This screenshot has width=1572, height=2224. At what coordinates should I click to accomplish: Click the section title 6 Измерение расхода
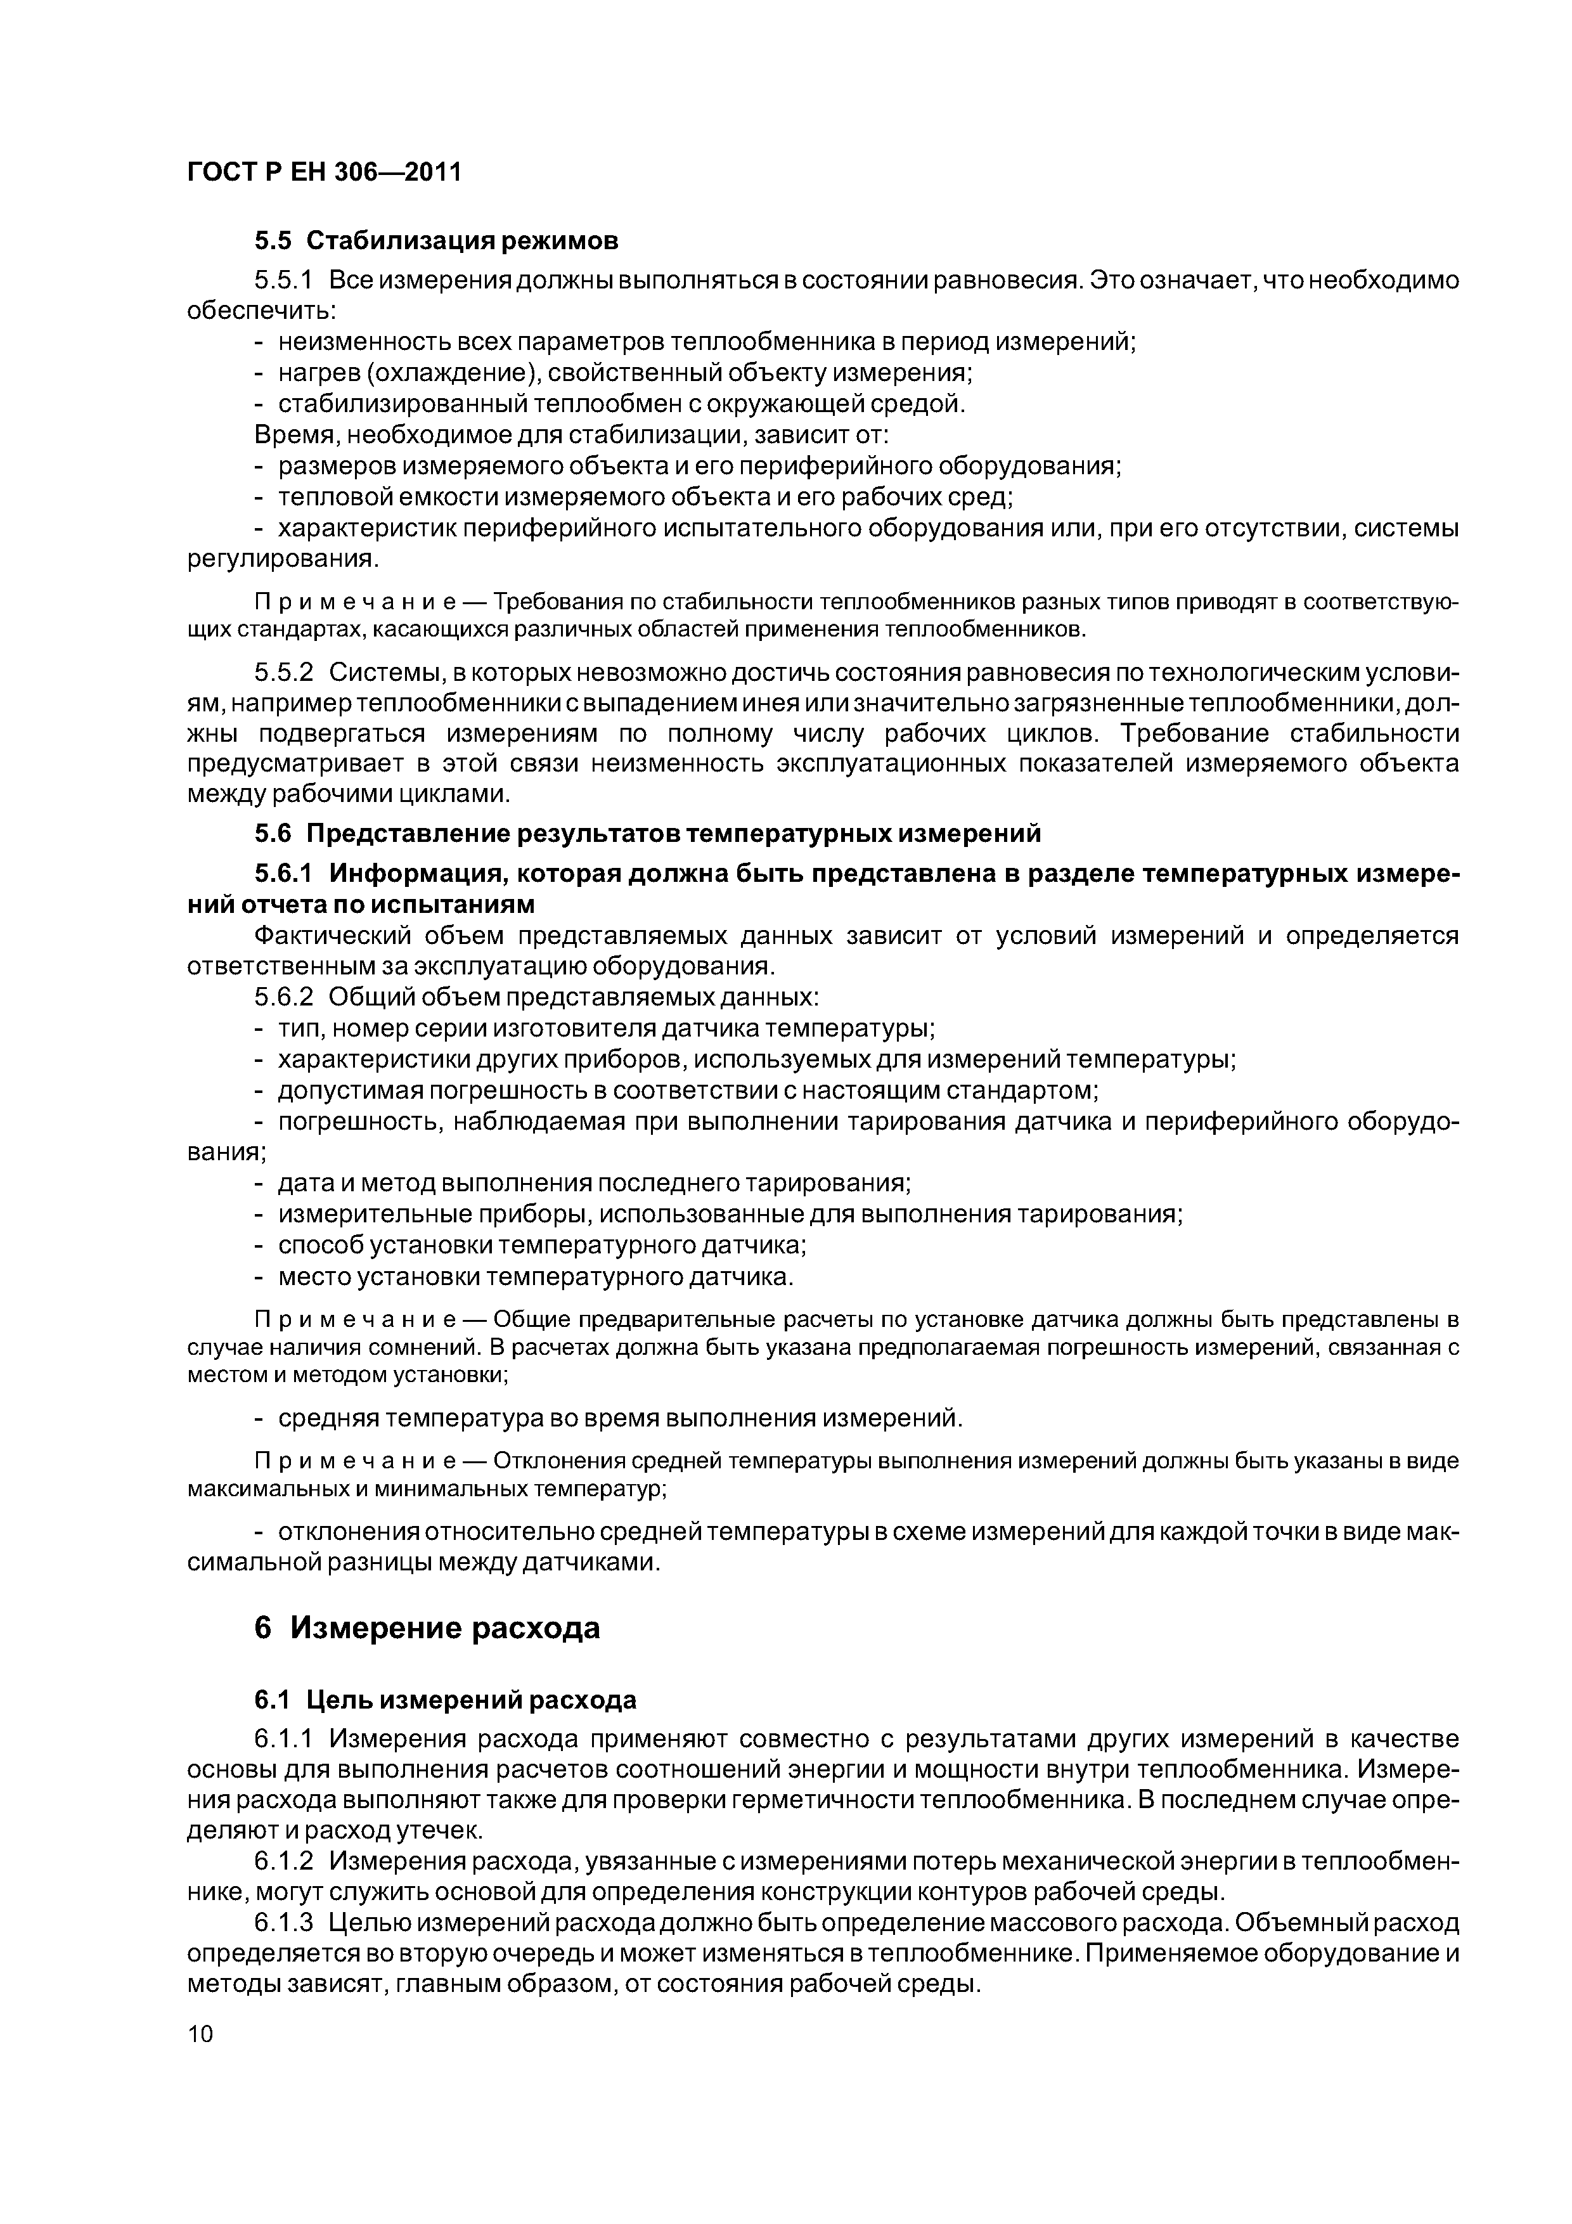click(427, 1627)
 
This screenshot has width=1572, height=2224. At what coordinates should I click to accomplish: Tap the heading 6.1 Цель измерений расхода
click(446, 1699)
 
